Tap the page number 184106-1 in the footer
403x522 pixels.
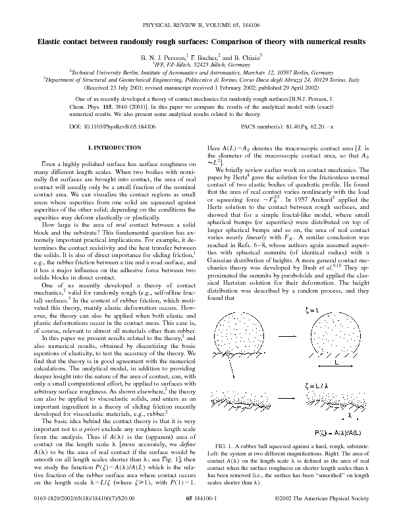coord(211,509)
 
